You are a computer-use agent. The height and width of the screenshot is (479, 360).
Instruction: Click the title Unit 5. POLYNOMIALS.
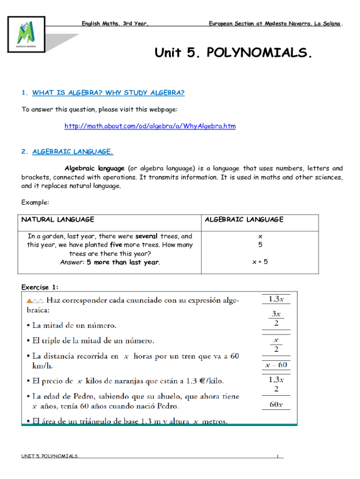click(233, 53)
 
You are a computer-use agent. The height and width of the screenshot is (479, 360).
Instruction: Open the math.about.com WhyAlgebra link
click(150, 126)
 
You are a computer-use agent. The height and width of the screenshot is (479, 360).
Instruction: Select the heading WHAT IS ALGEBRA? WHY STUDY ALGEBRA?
click(108, 93)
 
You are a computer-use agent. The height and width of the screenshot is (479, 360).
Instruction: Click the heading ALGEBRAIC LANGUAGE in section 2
click(72, 152)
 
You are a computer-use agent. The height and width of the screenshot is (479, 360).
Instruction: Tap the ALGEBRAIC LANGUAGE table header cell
click(244, 219)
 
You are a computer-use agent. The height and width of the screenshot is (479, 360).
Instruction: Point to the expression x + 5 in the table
click(260, 262)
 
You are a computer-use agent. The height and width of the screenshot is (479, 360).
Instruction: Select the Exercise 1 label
click(40, 287)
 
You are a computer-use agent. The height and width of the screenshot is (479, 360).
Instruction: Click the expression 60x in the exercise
click(276, 404)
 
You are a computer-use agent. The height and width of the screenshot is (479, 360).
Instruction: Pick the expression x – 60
click(276, 364)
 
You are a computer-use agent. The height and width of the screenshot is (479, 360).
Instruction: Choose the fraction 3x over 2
click(276, 318)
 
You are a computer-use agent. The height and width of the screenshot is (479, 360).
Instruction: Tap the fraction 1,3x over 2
click(276, 384)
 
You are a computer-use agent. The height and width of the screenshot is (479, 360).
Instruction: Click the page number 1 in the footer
click(277, 456)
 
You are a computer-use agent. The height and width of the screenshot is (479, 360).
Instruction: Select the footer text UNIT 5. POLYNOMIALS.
click(50, 456)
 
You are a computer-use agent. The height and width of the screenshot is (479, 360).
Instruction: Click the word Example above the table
click(35, 203)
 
